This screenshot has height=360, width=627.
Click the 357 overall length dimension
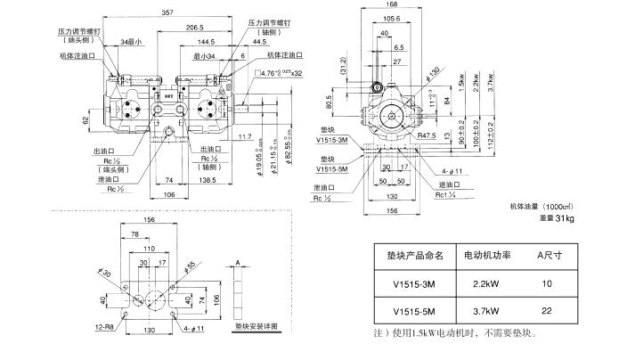coord(167,12)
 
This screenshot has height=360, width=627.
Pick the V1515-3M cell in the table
coord(409,283)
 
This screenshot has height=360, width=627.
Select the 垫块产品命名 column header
coord(410,255)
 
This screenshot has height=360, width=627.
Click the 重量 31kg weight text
coord(556,218)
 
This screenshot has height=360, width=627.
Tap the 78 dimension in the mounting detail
coord(134,234)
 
